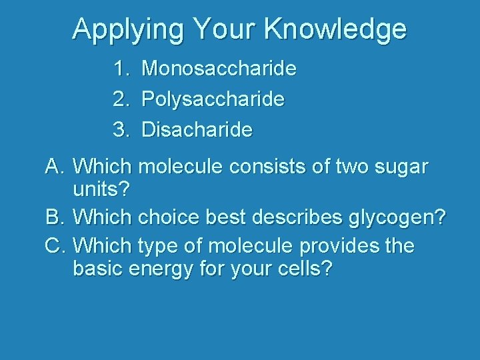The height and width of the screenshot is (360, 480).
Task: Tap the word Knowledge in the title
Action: [x=335, y=29]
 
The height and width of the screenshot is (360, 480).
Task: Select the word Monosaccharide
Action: [x=219, y=69]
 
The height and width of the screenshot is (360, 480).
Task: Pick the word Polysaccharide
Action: [x=213, y=99]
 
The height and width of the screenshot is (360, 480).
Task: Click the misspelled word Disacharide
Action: [x=197, y=129]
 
